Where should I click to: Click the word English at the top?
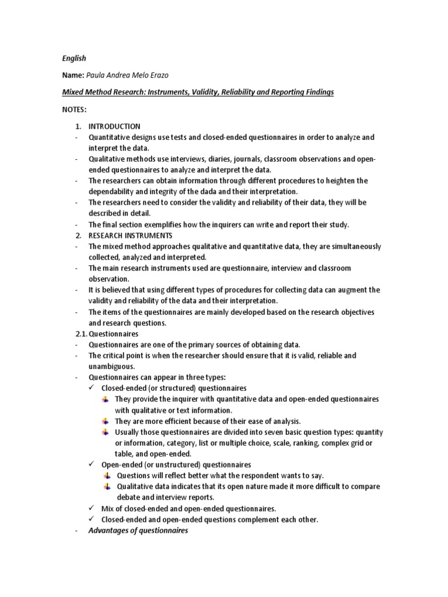click(74, 58)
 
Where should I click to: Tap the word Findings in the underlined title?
click(318, 93)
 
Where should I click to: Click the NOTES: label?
click(74, 110)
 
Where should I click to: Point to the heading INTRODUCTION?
click(114, 127)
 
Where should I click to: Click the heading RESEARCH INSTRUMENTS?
click(130, 236)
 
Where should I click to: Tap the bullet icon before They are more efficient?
click(105, 421)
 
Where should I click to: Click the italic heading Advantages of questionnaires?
click(138, 531)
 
